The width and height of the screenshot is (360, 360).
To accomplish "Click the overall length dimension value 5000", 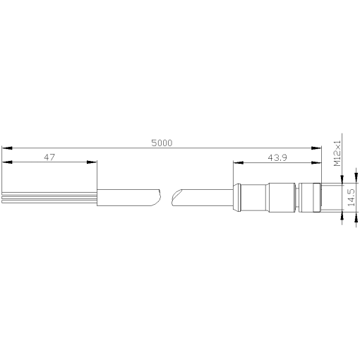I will point(162,142).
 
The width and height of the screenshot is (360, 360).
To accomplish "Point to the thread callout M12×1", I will point(337,152).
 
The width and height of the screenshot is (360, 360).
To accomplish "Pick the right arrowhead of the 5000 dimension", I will point(318,148).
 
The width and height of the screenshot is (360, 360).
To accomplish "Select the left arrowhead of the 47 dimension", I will point(7,162).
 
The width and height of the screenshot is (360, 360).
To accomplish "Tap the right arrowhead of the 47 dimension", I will point(92,162).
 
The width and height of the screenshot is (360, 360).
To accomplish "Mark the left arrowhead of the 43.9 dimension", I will point(236,163).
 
